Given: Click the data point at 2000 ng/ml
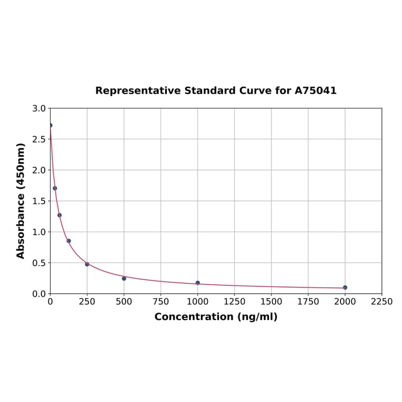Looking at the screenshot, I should [x=345, y=287].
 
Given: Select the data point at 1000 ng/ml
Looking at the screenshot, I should [x=198, y=283].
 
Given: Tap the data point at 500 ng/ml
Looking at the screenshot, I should [x=124, y=278].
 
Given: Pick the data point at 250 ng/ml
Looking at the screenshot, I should [x=87, y=264].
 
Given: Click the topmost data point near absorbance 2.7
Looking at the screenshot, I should [x=51, y=125].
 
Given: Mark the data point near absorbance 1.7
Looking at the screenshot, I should [x=55, y=188].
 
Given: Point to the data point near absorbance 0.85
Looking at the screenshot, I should [x=68, y=241].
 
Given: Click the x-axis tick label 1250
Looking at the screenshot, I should [x=234, y=302].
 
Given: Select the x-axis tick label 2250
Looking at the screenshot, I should [x=381, y=302].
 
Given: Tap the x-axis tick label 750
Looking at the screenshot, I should [x=161, y=302].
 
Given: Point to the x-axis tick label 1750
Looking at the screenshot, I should [x=308, y=302].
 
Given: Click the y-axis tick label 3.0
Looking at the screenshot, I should [x=39, y=108].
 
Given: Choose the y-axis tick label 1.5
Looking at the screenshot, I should [x=39, y=201].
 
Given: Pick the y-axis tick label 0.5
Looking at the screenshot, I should [x=39, y=263].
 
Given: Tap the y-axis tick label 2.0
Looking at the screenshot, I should [x=39, y=170].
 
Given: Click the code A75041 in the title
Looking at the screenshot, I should [x=315, y=91].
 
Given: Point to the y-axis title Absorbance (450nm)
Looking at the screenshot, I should [x=21, y=200].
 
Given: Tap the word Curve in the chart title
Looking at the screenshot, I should [x=254, y=91].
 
